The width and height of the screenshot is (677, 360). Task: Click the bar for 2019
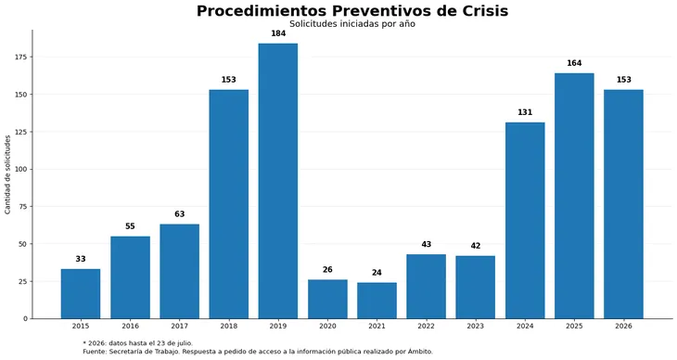(278, 181)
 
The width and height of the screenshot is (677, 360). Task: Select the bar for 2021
(377, 301)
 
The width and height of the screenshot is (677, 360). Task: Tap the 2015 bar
(81, 294)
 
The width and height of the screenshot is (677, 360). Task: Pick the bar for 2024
(525, 221)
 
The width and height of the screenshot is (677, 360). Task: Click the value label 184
(278, 33)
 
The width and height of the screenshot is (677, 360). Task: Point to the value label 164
(574, 63)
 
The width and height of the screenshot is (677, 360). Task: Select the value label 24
(377, 273)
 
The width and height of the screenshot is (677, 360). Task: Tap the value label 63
(180, 214)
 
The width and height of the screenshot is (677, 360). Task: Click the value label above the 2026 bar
(624, 80)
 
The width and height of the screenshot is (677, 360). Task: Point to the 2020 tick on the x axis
(327, 327)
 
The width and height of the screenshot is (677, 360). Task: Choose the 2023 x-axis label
(476, 327)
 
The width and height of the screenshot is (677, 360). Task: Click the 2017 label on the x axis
(180, 327)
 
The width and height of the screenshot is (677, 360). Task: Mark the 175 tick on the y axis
(21, 57)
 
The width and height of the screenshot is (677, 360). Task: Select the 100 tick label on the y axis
(21, 170)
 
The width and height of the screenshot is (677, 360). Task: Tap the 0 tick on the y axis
(25, 319)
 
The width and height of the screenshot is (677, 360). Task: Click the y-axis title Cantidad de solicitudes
(7, 174)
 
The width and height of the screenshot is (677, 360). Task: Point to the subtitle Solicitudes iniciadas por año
(352, 24)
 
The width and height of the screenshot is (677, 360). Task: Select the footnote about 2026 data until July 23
(138, 343)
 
